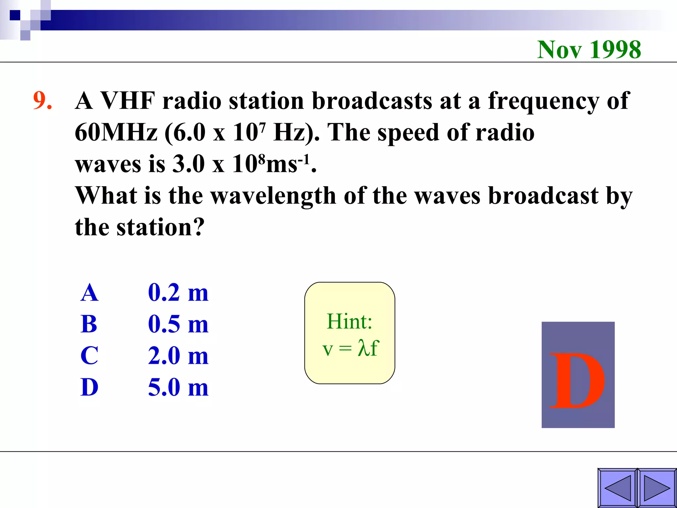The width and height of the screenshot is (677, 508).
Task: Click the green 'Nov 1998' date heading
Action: click(x=589, y=50)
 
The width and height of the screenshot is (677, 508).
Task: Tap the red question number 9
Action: click(x=42, y=100)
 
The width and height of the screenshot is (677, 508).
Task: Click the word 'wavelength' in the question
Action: click(x=273, y=196)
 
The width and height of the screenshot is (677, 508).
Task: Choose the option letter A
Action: click(x=89, y=293)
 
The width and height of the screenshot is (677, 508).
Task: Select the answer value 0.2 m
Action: click(x=178, y=293)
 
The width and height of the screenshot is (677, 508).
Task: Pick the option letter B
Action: click(x=89, y=324)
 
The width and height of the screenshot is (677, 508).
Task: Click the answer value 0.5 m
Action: click(x=178, y=324)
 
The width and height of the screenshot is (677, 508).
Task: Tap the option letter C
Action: click(x=89, y=356)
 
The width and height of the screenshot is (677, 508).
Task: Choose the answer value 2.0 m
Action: click(x=178, y=356)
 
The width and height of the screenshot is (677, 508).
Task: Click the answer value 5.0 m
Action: click(x=178, y=387)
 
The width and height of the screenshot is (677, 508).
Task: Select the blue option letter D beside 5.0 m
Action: click(x=89, y=387)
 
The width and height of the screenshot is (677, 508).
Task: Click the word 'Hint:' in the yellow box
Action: click(x=349, y=321)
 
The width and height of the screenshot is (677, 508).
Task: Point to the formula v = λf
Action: click(x=350, y=348)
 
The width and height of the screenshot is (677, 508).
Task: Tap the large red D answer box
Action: click(x=578, y=375)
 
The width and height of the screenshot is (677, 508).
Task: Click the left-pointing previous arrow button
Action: click(x=617, y=488)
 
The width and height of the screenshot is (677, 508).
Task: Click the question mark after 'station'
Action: click(x=198, y=227)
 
